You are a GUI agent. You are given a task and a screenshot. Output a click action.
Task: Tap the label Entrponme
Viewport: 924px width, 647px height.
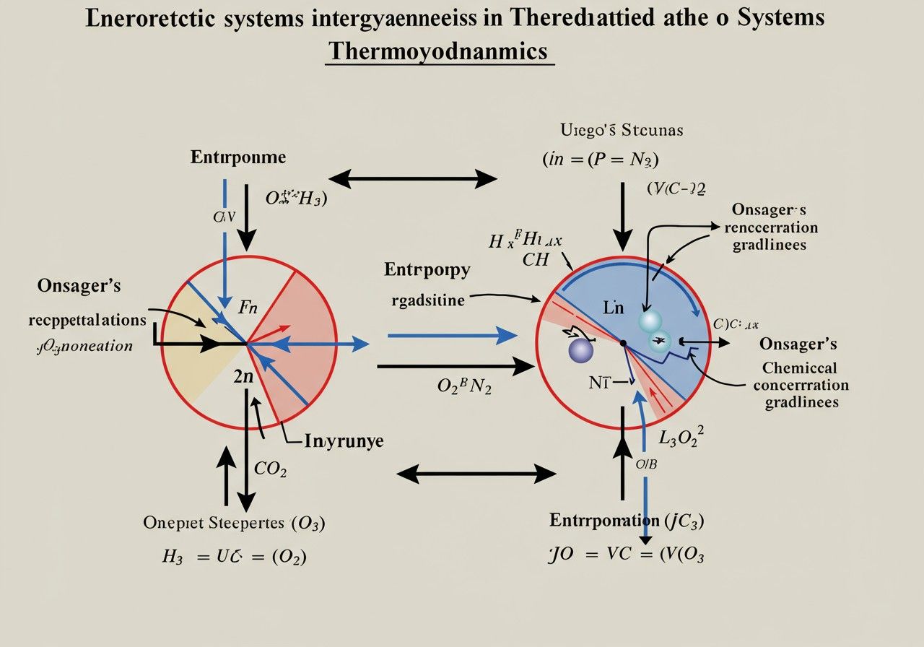coord(237,157)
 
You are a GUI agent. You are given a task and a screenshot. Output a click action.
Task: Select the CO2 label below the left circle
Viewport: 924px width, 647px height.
coord(271,469)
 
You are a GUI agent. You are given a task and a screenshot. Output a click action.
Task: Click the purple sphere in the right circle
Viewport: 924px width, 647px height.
coord(581,350)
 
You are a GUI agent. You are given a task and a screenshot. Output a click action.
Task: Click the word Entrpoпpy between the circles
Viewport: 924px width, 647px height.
coord(427,271)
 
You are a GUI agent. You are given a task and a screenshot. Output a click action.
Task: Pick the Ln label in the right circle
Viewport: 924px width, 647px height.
coord(613,308)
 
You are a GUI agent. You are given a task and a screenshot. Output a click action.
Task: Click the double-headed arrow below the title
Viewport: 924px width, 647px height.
coord(413,178)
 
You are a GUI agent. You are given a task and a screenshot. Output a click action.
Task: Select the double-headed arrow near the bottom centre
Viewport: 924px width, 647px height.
coord(476,474)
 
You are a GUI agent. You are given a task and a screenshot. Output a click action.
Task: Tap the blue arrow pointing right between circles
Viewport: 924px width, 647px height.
coord(452,335)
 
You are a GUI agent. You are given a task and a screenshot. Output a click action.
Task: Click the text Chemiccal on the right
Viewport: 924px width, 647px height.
coord(799,367)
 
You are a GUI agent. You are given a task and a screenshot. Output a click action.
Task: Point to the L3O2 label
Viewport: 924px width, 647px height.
coord(682,437)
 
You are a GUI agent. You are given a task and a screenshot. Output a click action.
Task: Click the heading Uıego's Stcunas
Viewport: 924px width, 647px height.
coord(622,131)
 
